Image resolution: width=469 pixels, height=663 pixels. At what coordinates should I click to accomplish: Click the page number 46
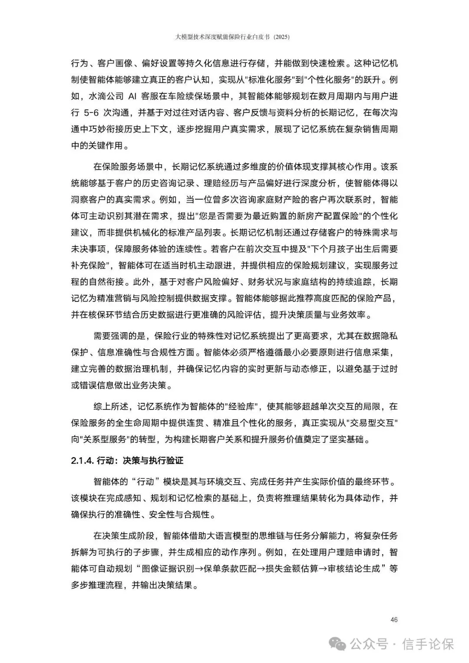pyautogui.click(x=394, y=619)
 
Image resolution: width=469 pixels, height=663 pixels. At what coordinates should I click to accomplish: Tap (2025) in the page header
pyautogui.click(x=281, y=37)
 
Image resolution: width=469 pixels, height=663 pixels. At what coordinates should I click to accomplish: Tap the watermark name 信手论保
pyautogui.click(x=428, y=643)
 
